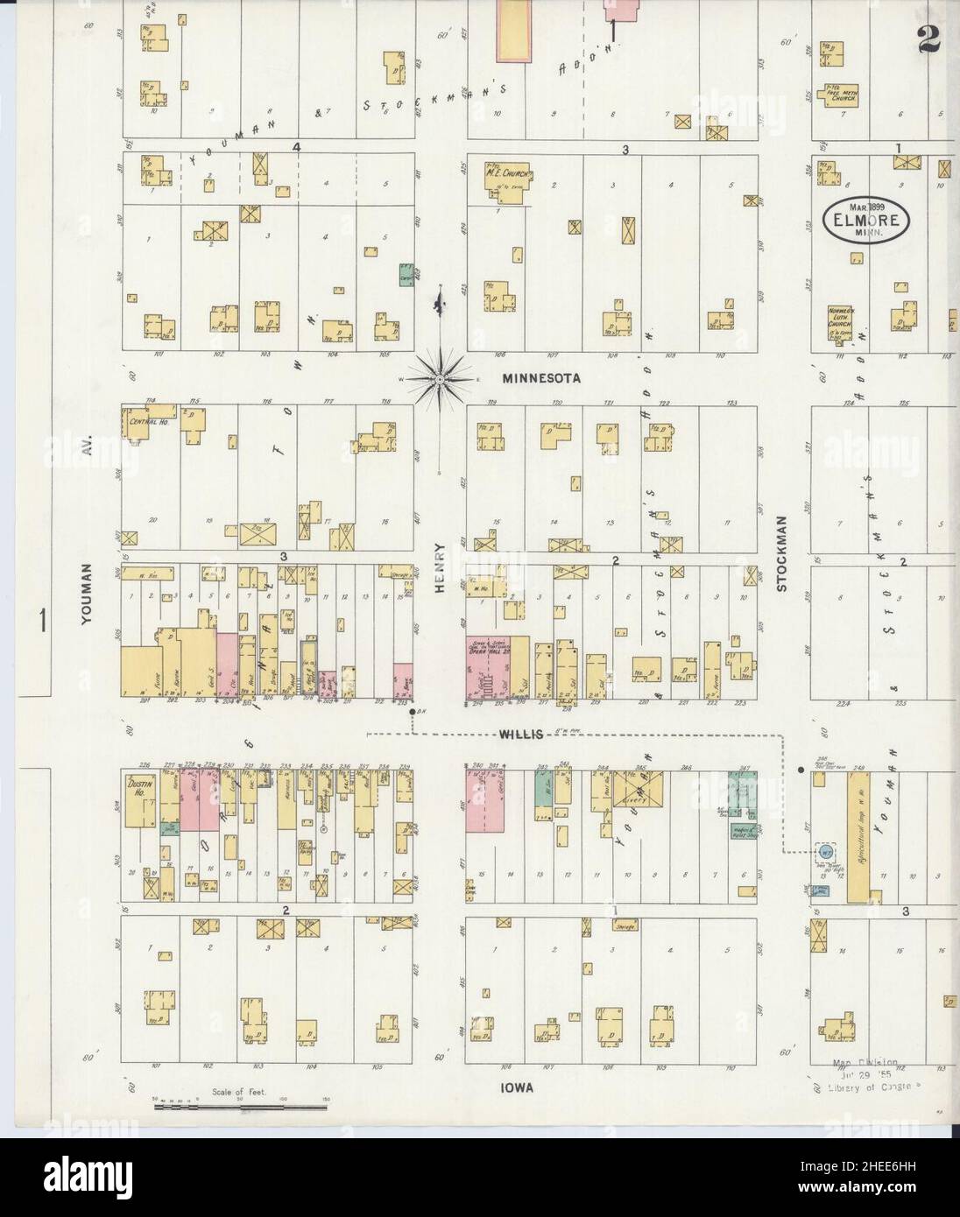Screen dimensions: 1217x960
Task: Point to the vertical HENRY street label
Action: (x=439, y=568)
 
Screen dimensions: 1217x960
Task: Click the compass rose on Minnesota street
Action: (x=439, y=379)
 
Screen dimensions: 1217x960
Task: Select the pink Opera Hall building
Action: (x=487, y=669)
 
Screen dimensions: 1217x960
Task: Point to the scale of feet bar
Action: (x=240, y=1108)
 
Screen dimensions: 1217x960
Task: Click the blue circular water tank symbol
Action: (x=825, y=852)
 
